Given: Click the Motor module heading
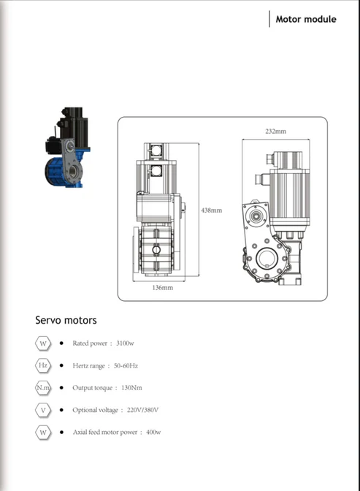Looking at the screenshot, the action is pos(306,19).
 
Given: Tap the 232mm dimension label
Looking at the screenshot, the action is pos(275,132).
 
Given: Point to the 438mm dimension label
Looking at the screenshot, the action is pos(211,210).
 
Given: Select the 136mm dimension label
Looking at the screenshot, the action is pos(162,287).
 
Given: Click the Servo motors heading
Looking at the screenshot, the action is pos(66,320).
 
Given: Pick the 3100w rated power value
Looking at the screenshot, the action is pos(125,343).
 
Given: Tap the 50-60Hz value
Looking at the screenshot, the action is pos(126,366).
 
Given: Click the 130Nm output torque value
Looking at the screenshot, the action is pos(131,388).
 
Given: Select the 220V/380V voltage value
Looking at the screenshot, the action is pos(142,410).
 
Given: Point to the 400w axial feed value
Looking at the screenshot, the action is pos(153,432).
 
